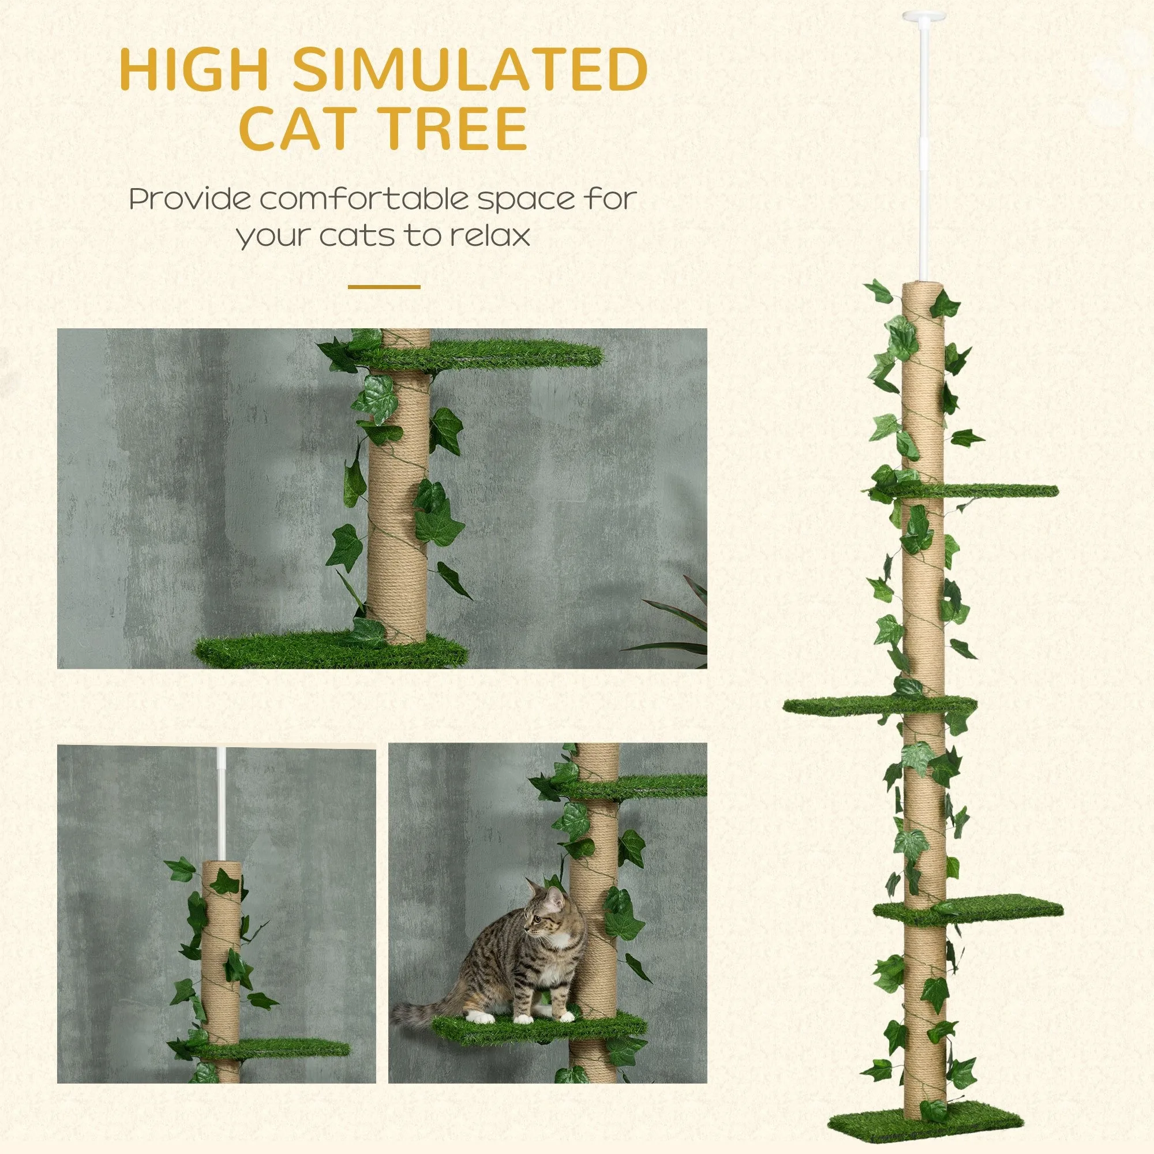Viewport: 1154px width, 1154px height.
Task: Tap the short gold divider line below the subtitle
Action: pos(384,287)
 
